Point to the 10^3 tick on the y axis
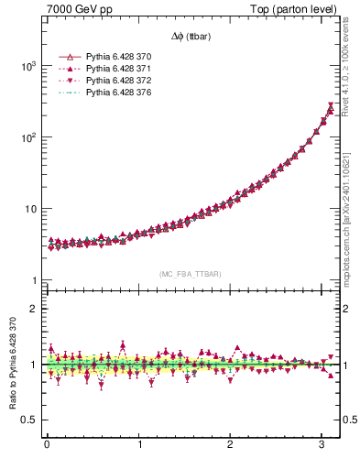pyautogui.click(x=30, y=67)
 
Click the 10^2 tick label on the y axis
pyautogui.click(x=30, y=137)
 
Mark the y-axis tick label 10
pyautogui.click(x=33, y=209)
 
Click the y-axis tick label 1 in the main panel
pyautogui.click(x=36, y=280)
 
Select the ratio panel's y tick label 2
pyautogui.click(x=36, y=309)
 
